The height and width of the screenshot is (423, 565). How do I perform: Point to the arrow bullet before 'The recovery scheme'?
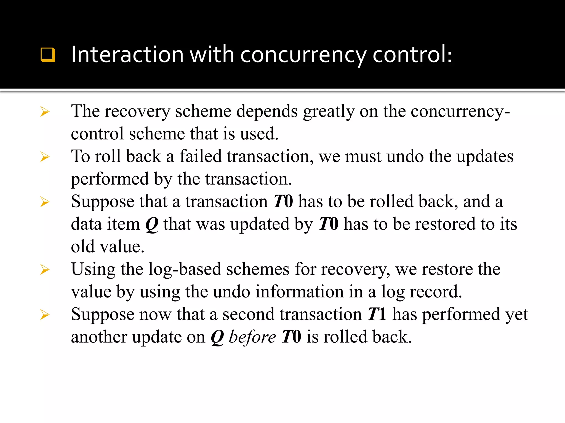[45, 112]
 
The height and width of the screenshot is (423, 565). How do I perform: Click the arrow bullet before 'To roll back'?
[45, 157]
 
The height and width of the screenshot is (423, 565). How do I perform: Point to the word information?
[299, 292]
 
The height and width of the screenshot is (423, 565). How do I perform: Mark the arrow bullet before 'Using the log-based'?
[45, 269]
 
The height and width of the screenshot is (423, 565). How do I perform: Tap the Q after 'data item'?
[152, 224]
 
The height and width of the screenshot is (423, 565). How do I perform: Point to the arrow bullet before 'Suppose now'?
[45, 314]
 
